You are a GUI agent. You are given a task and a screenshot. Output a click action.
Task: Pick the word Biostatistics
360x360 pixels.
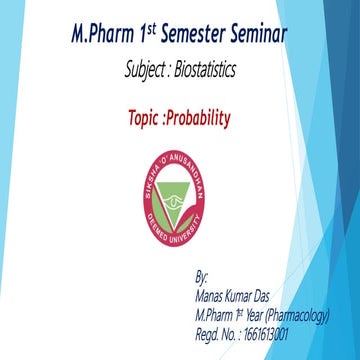tap(213, 71)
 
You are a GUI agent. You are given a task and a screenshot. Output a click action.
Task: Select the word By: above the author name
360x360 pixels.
tap(203, 273)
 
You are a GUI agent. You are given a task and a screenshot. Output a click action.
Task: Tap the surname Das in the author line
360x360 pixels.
tap(273, 291)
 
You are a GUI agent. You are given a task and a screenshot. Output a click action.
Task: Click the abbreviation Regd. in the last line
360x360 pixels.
tap(211, 328)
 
